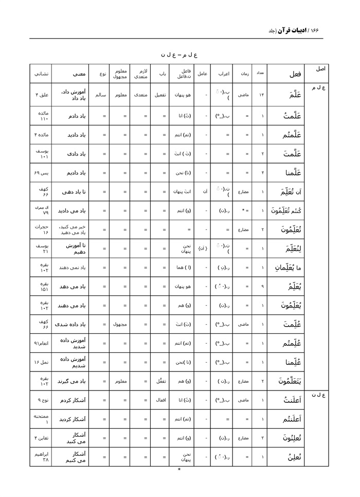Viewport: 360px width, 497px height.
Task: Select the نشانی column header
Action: (41, 74)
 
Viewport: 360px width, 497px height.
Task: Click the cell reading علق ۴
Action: (41, 95)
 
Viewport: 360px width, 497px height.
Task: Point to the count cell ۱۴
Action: (261, 95)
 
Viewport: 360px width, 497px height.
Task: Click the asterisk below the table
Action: (179, 469)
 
